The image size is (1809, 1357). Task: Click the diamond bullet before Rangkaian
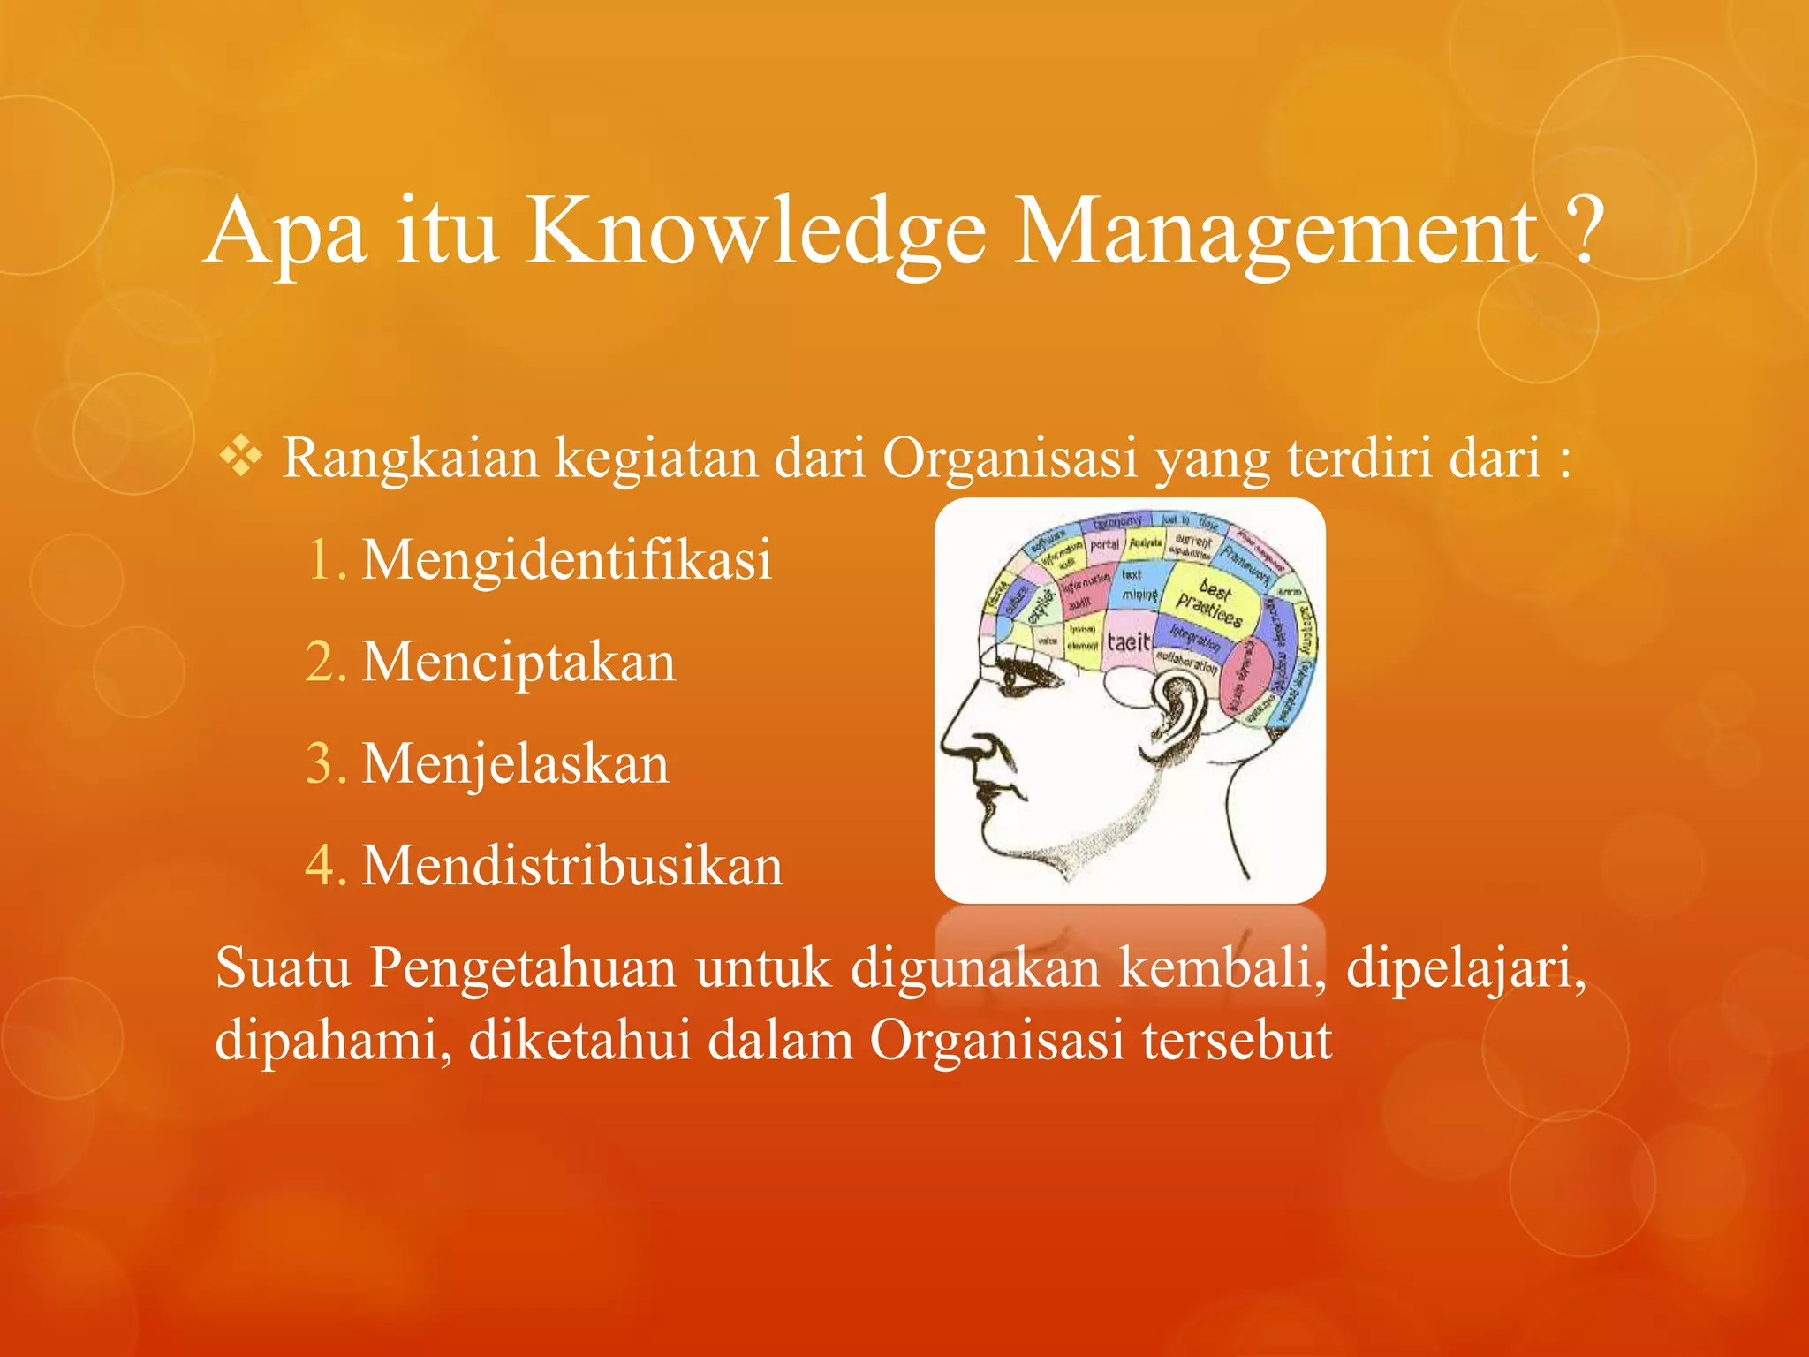tap(240, 458)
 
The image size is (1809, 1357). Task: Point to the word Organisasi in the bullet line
tap(1010, 458)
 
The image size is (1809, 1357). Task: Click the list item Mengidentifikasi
tap(566, 560)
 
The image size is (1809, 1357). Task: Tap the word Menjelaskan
tap(515, 763)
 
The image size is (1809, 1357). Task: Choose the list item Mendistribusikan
tap(571, 865)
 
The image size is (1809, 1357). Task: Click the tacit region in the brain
tap(1128, 642)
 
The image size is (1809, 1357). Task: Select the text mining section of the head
tap(1138, 585)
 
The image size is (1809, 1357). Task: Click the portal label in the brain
tap(1104, 545)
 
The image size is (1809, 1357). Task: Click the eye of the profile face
tap(1016, 679)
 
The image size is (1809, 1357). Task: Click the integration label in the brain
tap(1194, 636)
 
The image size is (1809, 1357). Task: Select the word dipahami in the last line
tap(332, 1040)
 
